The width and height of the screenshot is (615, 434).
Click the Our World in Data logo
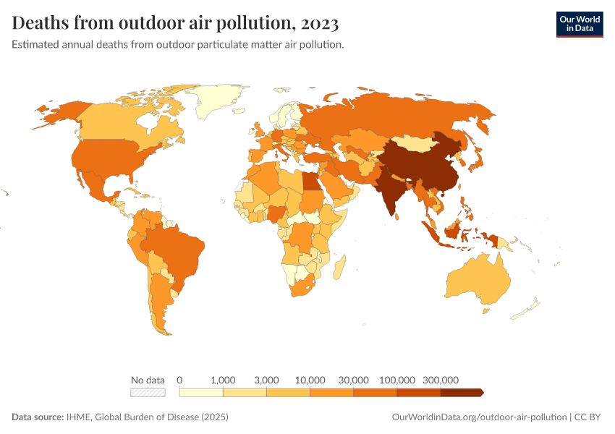[x=579, y=24]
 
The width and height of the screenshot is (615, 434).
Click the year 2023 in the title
[x=317, y=23]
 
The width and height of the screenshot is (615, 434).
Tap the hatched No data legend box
[x=148, y=393]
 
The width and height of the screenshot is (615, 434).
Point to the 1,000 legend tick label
[x=223, y=380]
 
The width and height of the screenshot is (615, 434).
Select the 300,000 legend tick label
[x=440, y=380]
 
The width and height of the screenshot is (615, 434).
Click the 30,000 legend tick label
[x=353, y=380]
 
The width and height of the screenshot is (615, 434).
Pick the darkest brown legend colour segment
[x=461, y=393]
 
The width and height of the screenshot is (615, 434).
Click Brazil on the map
[x=177, y=250]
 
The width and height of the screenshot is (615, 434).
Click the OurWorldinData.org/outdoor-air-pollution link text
[x=479, y=417]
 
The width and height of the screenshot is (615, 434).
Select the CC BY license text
[x=590, y=417]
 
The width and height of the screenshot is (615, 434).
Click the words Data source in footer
[x=38, y=417]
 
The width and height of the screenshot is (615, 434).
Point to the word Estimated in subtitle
[x=36, y=45]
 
